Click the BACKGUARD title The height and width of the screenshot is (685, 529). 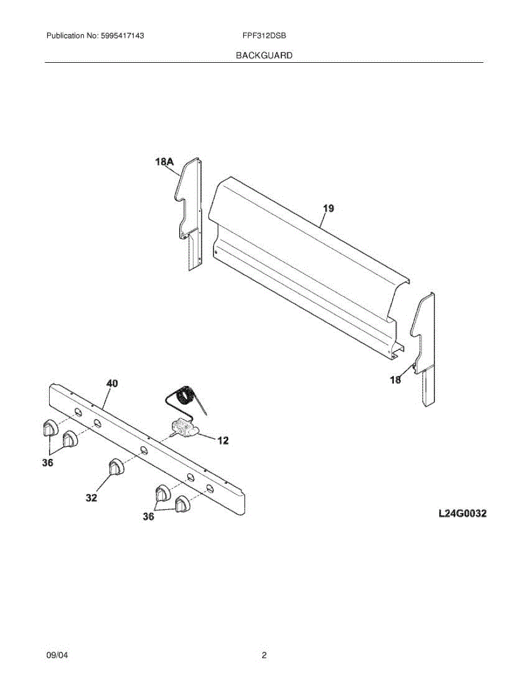[264, 55]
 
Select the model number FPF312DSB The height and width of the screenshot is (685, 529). [264, 35]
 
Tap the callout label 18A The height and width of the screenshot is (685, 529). [164, 162]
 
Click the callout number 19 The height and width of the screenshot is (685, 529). [328, 208]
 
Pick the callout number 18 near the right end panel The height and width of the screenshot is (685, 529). [395, 380]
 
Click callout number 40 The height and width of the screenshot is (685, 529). [112, 384]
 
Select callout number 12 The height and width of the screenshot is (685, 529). [223, 440]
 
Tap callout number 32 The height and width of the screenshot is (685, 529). [91, 498]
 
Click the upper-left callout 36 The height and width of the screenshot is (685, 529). [47, 463]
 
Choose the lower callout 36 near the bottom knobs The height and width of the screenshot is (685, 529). [148, 517]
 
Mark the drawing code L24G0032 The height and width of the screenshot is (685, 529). [462, 514]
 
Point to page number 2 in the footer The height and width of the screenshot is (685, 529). [264, 656]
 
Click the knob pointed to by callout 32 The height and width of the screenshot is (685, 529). [115, 467]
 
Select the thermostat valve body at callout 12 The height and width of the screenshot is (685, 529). [184, 428]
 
